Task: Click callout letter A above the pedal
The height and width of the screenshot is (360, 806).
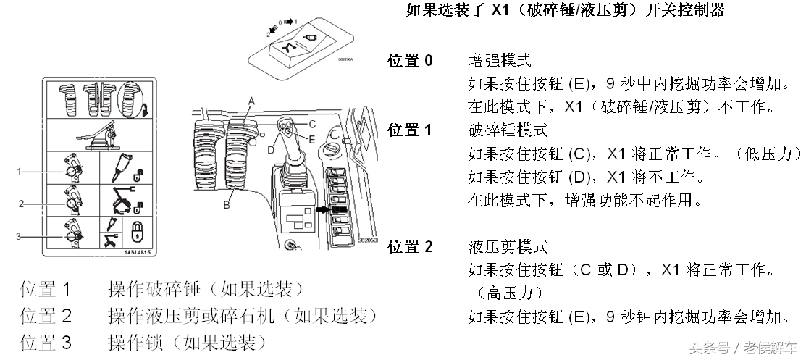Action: (252, 99)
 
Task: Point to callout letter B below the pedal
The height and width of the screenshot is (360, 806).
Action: (227, 205)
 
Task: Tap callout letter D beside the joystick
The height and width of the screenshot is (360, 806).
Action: (271, 150)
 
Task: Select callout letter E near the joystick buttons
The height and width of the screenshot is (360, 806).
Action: (312, 138)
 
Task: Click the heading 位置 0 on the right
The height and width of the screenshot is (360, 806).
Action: (411, 61)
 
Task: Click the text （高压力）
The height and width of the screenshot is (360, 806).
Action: (510, 293)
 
